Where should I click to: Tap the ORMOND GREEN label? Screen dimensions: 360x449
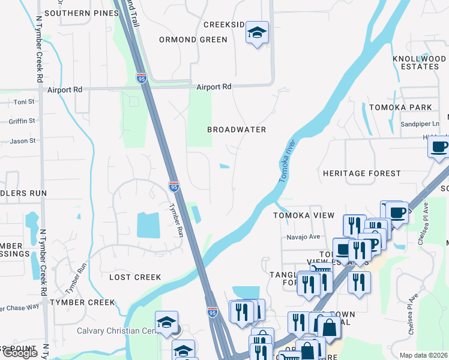tap(193, 40)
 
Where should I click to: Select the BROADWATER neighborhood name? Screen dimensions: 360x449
tap(237, 130)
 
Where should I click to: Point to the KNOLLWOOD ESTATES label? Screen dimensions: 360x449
tap(419, 62)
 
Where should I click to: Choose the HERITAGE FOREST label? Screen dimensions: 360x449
tap(361, 173)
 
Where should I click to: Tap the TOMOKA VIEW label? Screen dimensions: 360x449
tap(303, 215)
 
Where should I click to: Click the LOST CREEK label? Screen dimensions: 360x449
tap(135, 277)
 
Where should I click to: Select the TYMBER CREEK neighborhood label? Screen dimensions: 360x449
tap(82, 302)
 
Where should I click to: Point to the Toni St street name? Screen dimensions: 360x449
tap(25, 102)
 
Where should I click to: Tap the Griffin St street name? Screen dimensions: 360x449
tap(22, 121)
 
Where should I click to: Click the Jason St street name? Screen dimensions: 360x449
tap(23, 141)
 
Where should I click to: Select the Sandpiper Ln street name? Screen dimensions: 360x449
tap(420, 124)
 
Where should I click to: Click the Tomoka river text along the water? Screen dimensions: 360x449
tap(288, 161)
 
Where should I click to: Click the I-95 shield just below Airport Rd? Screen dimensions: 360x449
tap(142, 79)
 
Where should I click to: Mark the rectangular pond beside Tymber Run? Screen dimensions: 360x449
tap(148, 225)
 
